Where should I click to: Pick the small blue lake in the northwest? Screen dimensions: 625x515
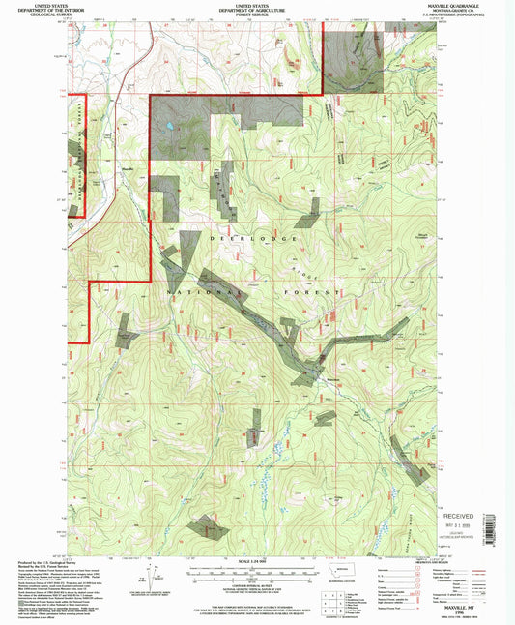pos(170,127)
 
